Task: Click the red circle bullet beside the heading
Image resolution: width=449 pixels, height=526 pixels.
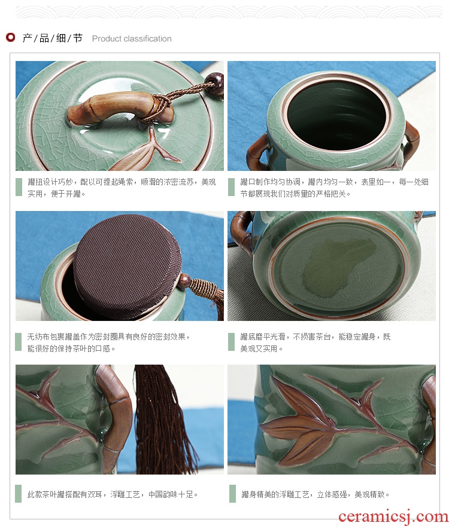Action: coord(10,37)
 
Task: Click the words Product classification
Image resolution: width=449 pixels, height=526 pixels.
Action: coord(132,39)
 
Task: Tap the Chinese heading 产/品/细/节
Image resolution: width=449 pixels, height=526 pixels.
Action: coord(53,38)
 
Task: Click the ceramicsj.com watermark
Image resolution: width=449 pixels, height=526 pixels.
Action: coord(393,516)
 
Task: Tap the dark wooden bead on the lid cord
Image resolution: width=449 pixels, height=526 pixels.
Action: coord(215,83)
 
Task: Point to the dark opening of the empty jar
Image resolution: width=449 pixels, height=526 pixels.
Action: coord(336,115)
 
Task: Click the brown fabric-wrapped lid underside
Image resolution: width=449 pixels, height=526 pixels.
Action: coord(128,267)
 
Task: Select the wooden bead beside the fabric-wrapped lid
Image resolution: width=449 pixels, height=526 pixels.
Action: coord(184,281)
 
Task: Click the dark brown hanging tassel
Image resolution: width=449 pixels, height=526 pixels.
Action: coord(163,420)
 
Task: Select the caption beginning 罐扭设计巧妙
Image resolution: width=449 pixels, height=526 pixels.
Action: coord(122,188)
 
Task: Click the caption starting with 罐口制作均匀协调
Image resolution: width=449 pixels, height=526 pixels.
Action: coord(334,188)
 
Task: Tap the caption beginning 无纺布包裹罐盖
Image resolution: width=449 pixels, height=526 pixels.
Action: coord(108,342)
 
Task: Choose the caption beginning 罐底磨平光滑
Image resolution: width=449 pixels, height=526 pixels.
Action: coord(315,342)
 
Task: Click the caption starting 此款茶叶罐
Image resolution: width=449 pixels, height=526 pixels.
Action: coord(113,494)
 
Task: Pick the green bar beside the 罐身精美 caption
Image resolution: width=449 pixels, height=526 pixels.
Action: coord(232,494)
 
